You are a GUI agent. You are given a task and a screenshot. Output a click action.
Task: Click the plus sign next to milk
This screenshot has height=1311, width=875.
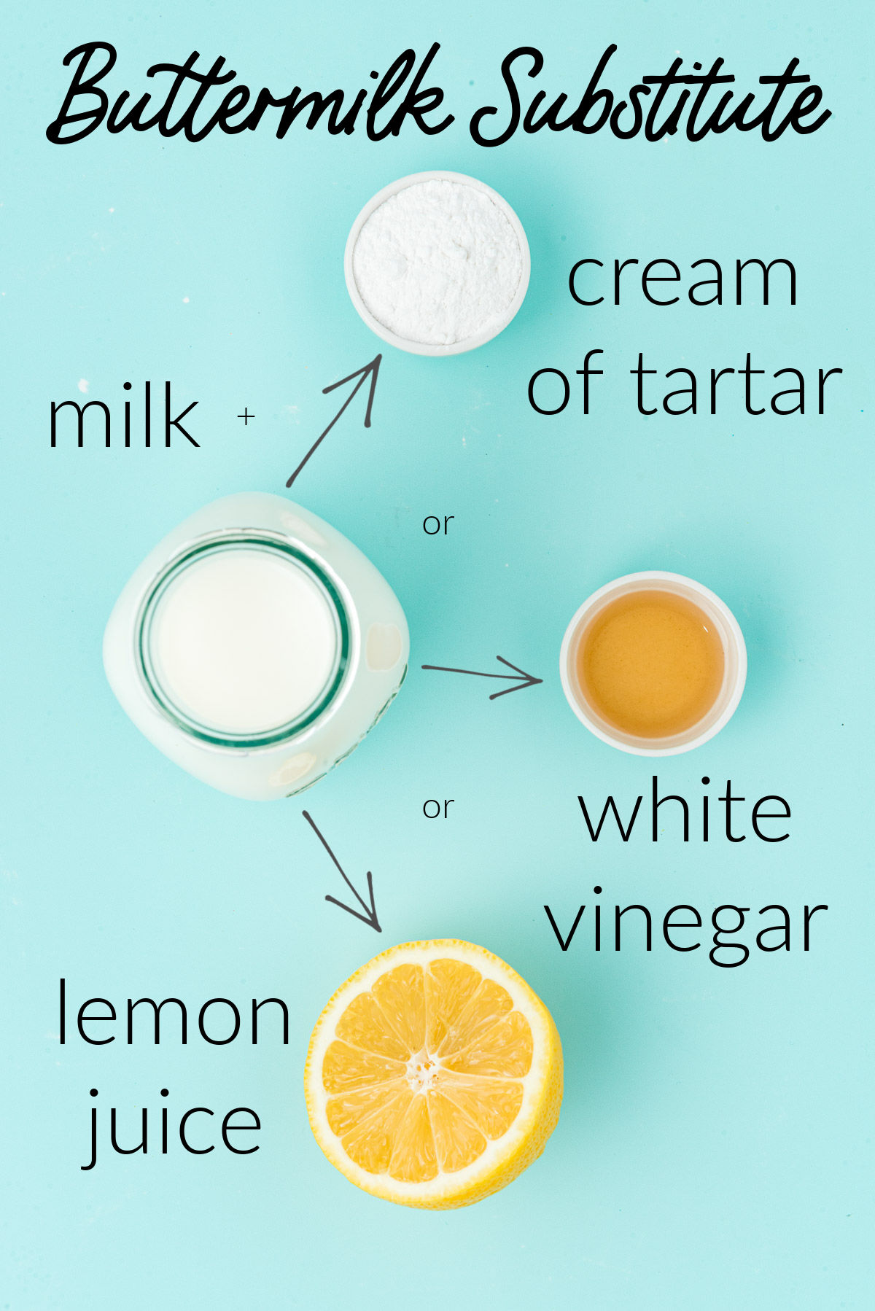246,416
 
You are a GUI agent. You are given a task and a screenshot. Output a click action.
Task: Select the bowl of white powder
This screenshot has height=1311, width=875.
437,262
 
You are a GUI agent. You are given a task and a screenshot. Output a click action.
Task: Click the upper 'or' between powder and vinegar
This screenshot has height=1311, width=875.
438,524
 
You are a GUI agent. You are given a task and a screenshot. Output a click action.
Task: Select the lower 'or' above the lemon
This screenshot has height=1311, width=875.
438,808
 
